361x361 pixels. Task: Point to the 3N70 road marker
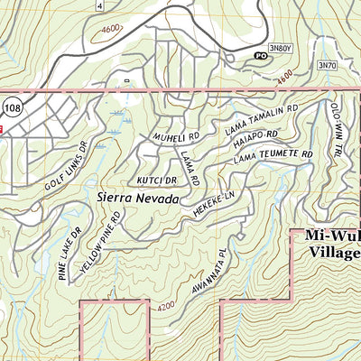pos(327,66)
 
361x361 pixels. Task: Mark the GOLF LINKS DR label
pos(67,172)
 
